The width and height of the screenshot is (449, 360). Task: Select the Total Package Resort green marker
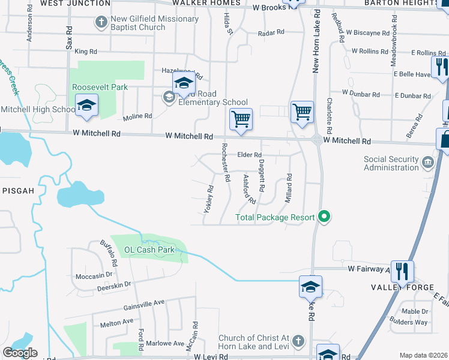click(325, 217)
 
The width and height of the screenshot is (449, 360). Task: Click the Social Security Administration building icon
click(427, 161)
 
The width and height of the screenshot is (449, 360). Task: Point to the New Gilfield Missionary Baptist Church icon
click(101, 23)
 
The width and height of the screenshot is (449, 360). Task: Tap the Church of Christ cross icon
click(298, 342)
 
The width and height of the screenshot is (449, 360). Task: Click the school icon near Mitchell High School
click(86, 107)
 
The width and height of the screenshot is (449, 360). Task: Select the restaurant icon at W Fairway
click(402, 271)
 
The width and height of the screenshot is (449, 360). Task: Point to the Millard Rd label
click(289, 187)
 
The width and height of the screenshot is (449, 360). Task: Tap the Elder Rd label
click(250, 155)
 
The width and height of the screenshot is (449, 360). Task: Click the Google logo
click(20, 352)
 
